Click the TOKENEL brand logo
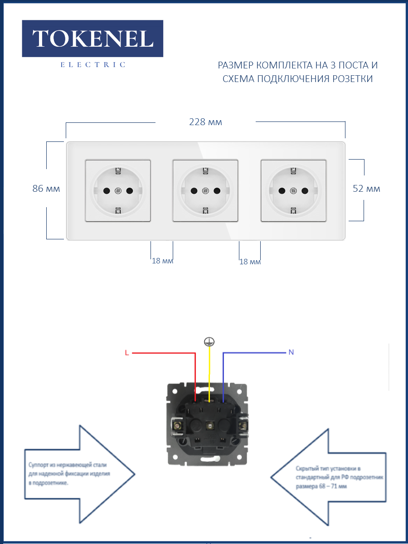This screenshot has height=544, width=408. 92,39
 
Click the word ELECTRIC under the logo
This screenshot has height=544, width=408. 93,65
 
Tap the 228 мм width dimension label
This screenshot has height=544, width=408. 206,122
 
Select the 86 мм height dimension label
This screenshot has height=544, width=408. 46,189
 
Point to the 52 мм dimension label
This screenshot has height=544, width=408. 366,189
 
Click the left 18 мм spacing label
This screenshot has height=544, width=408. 162,261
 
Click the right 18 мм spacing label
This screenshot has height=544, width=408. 250,262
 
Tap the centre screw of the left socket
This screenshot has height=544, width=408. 118,191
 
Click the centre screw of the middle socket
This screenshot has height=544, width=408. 205,191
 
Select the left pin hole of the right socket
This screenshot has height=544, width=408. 282,191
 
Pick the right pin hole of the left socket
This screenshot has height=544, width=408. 130,191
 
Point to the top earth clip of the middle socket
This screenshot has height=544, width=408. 205,171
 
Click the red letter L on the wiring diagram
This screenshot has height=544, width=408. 127,353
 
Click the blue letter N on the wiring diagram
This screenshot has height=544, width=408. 291,352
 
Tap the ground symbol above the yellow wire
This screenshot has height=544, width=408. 209,342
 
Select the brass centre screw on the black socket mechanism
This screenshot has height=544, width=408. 209,426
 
